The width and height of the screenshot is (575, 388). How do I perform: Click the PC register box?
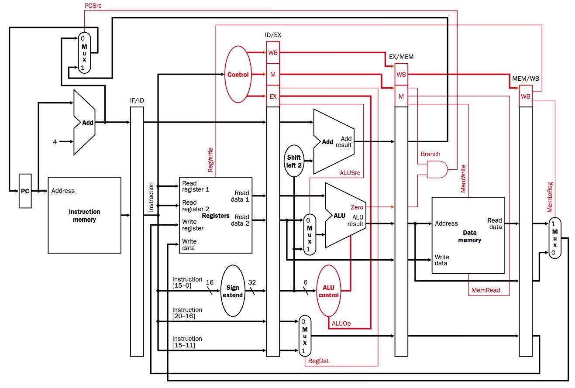pos(25,191)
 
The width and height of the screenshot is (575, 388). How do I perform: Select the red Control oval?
pos(238,75)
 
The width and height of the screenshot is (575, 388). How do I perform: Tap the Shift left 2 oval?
pos(294,161)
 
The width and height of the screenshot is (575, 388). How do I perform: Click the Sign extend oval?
pos(233,291)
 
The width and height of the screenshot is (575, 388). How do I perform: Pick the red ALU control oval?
pos(329,291)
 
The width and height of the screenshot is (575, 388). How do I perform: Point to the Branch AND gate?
pos(437,169)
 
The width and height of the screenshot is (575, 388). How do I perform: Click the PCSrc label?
pos(93,6)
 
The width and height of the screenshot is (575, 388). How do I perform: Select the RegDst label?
pos(318,361)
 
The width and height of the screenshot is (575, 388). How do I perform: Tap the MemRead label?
pos(486,290)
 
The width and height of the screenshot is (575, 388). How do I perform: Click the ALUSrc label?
pos(350,173)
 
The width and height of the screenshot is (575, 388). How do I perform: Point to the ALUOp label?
pos(341,323)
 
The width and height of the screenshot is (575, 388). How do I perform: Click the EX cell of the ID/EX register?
pos(273,96)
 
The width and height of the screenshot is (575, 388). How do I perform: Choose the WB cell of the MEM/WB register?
pos(526,96)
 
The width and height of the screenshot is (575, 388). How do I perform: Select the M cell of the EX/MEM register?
pos(401,96)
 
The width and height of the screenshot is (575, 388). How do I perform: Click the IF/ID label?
pos(137,100)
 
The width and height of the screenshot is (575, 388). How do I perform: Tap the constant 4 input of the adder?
pos(55,142)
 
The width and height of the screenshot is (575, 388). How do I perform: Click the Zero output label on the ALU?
pos(357,207)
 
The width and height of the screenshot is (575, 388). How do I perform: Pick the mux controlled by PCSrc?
pos(84,53)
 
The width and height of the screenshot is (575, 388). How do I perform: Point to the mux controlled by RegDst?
pos(305,336)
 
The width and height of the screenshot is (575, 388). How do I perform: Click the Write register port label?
pos(193,225)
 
